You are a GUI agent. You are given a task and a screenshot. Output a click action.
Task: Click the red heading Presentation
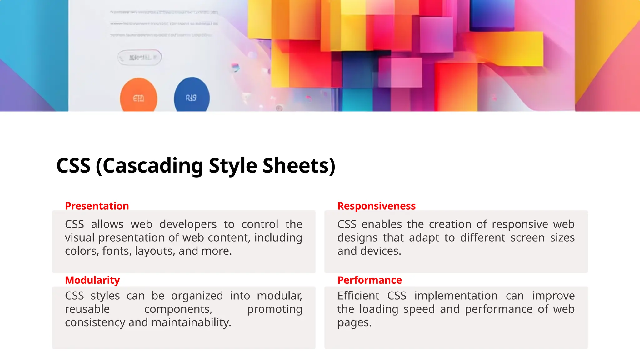coord(97,206)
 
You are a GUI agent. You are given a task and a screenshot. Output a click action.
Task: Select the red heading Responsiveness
coord(376,206)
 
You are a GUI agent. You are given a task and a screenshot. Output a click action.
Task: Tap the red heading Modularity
coord(92,280)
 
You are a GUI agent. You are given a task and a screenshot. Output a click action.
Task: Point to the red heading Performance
coord(369,280)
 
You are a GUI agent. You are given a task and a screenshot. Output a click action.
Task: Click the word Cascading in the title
coord(153,166)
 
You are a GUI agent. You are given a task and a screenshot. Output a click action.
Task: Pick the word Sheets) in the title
coord(299,166)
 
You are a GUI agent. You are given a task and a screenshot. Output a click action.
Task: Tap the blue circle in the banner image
coord(192,96)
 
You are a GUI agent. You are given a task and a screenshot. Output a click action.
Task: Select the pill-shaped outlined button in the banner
coord(139,57)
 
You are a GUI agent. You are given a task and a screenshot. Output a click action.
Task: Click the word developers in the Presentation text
coord(188,224)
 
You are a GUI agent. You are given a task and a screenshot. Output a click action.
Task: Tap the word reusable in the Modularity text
coord(87,309)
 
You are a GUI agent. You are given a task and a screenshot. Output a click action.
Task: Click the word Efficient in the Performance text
coord(358,296)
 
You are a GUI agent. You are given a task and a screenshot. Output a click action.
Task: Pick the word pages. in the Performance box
coord(354,322)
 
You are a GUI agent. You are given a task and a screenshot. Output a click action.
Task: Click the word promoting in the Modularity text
coord(274,309)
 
